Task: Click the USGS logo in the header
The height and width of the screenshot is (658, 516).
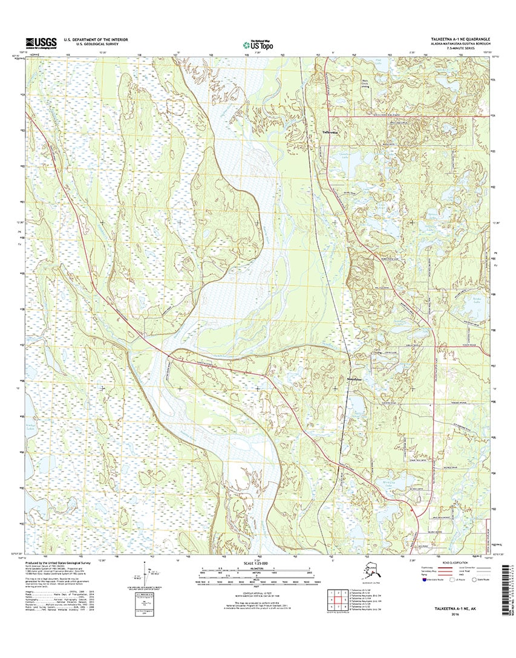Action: point(41,42)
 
